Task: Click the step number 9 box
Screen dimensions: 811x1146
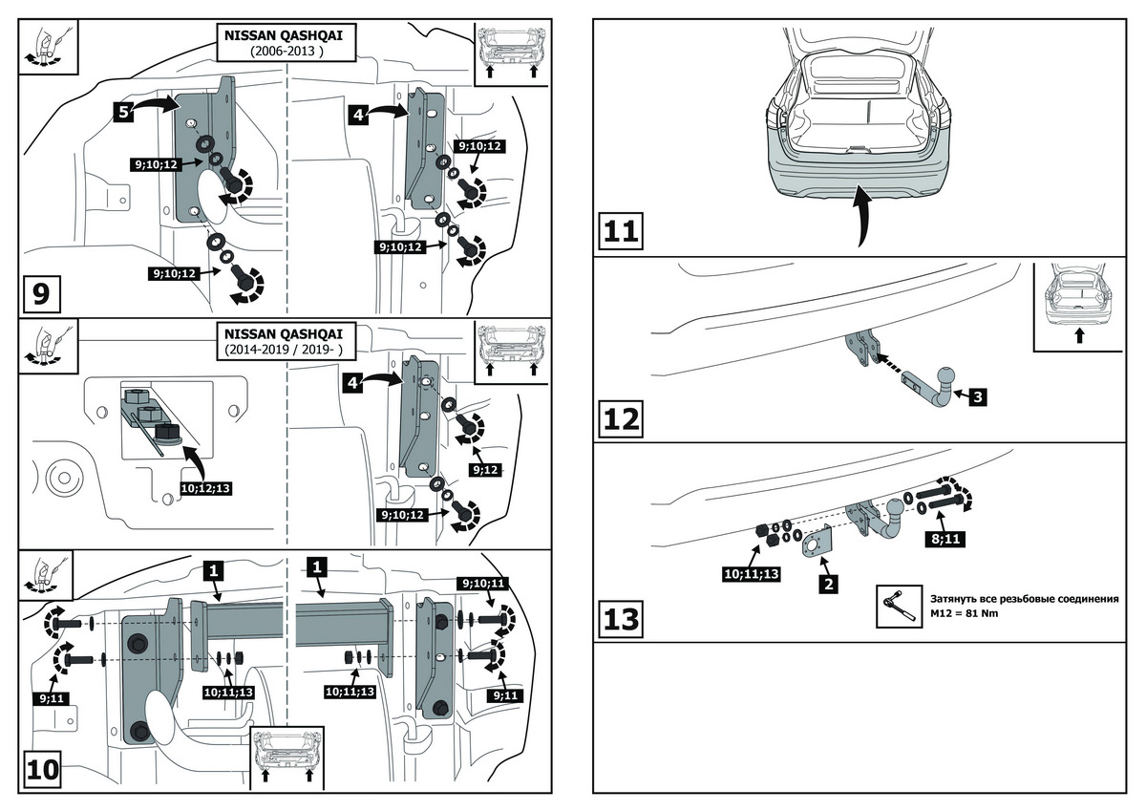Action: pos(40,292)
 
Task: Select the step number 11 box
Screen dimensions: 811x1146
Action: pos(622,231)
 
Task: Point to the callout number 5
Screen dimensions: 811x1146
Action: pos(122,112)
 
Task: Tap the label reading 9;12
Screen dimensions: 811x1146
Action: pos(484,470)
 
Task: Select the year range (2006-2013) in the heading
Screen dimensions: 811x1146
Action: pos(286,50)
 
